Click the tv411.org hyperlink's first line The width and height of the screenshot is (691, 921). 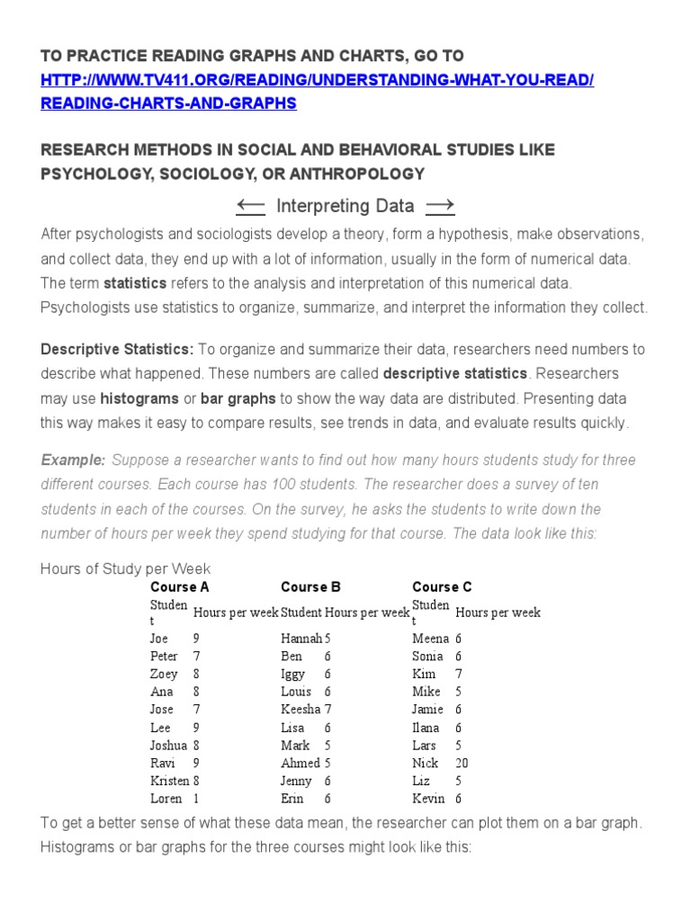coord(318,80)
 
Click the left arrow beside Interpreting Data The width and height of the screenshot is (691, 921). coord(250,207)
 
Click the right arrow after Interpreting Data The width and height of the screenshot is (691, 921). coord(440,207)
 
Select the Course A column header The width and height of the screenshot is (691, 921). coord(180,587)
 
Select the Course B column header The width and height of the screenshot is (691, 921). coord(310,587)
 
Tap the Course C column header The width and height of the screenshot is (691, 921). coord(442,587)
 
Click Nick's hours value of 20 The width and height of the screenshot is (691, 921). coord(462,763)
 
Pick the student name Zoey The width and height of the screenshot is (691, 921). coord(164,674)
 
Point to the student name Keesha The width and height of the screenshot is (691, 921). coord(301,710)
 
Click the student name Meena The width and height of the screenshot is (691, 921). coord(430,639)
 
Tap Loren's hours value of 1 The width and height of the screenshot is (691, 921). coord(196,799)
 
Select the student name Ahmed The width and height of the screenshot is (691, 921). coord(301,763)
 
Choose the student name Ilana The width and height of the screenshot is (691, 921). coord(426,728)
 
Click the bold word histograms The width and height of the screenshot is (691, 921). coord(139,398)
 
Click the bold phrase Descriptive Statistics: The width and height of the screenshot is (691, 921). coord(117,349)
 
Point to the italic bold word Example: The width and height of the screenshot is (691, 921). coord(73,460)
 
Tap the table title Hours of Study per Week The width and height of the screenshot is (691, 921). coord(126,569)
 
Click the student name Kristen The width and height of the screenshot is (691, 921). coord(169,781)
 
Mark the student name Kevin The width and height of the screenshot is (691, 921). coord(428,799)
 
